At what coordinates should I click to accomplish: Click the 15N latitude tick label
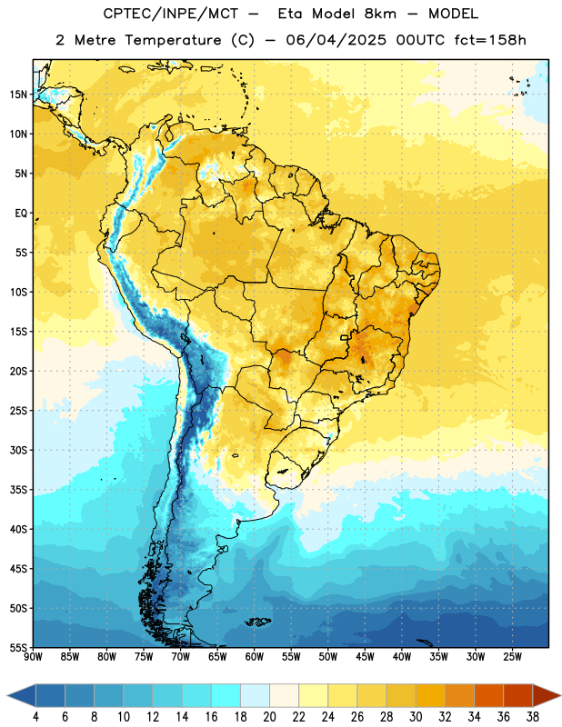pyautogui.click(x=18, y=95)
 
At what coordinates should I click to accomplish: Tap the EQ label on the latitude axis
pyautogui.click(x=21, y=214)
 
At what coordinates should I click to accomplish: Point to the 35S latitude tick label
pyautogui.click(x=18, y=490)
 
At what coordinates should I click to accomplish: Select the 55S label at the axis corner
pyautogui.click(x=18, y=647)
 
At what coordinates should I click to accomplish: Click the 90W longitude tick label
pyautogui.click(x=33, y=657)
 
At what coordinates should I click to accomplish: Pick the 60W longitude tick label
pyautogui.click(x=255, y=657)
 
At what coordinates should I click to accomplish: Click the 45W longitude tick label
pyautogui.click(x=365, y=657)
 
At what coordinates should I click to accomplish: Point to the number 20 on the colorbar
pyautogui.click(x=269, y=717)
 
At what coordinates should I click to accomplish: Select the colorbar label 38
pyautogui.click(x=533, y=717)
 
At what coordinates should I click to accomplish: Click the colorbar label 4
pyautogui.click(x=35, y=717)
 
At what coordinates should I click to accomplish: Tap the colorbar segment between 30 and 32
pyautogui.click(x=430, y=695)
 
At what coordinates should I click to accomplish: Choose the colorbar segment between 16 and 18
pyautogui.click(x=226, y=695)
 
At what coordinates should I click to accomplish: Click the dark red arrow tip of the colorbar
pyautogui.click(x=560, y=695)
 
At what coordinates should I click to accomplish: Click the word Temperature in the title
pyautogui.click(x=173, y=40)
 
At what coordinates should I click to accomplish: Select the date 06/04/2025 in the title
pyautogui.click(x=336, y=40)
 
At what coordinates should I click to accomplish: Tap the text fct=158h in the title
pyautogui.click(x=490, y=40)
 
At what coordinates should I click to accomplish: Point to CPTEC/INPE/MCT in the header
pyautogui.click(x=170, y=14)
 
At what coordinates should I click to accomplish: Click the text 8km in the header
pyautogui.click(x=380, y=14)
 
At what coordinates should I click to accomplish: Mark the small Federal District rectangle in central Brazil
pyautogui.click(x=345, y=337)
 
